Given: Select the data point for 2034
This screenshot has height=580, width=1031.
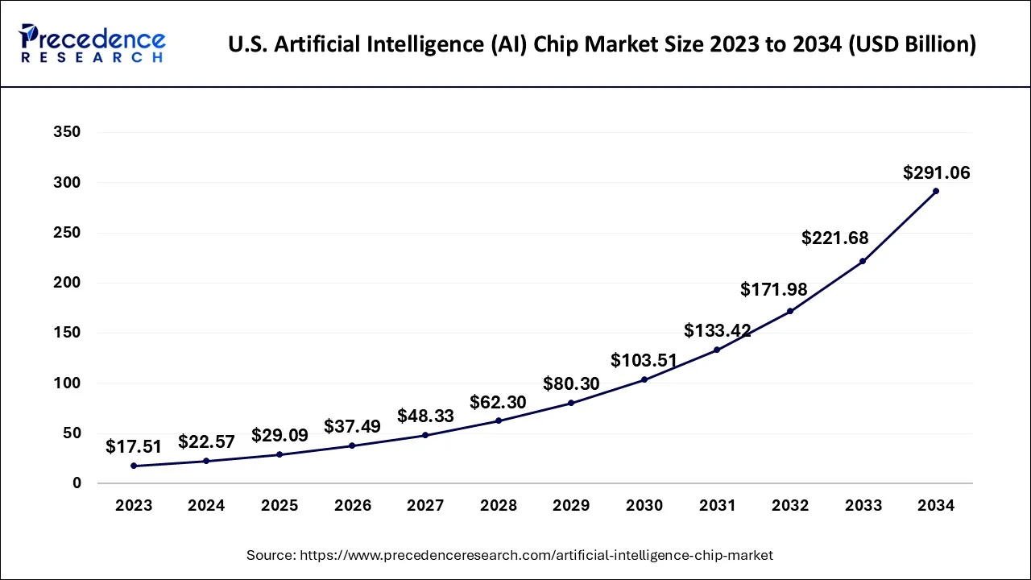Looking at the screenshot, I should point(936,191).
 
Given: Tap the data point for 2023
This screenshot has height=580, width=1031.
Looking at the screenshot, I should point(134,466).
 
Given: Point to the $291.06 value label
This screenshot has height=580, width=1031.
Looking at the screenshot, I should point(936,172).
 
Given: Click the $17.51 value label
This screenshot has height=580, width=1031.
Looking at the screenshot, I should point(134,446).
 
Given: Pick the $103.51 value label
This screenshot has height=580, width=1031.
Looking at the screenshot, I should point(644,360).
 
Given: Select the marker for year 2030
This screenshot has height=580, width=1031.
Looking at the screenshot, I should point(644,379).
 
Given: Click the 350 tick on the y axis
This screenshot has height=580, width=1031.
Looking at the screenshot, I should point(66,132).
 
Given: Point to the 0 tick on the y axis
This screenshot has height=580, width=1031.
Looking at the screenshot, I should point(77,483).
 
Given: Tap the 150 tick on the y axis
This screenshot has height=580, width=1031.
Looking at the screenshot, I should point(66,333).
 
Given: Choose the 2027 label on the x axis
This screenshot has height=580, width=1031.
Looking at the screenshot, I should point(425,506).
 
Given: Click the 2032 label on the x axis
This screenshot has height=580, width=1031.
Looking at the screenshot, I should point(789,506).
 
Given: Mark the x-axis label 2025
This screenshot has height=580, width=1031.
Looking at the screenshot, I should point(279,506).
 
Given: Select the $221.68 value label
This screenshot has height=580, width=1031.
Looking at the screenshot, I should point(835,238).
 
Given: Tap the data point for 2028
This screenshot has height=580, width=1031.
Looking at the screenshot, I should point(498,420).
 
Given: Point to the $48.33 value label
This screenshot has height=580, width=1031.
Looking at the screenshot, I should point(425,416).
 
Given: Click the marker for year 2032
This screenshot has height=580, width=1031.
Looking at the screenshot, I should point(790,311).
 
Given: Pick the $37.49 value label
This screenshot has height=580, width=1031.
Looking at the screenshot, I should point(352,426).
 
